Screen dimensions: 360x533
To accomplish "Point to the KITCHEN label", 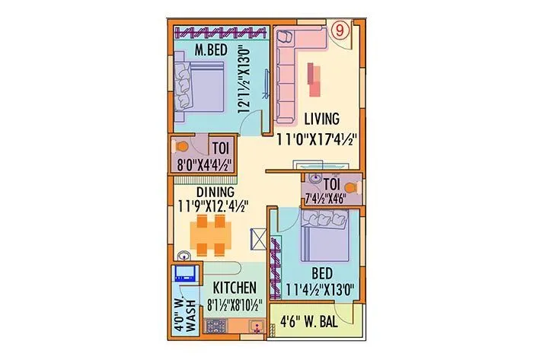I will tap(234, 288).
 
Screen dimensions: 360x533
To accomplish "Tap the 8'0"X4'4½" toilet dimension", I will tap(199, 163).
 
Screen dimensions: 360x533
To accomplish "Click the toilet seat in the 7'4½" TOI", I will tap(351, 186).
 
